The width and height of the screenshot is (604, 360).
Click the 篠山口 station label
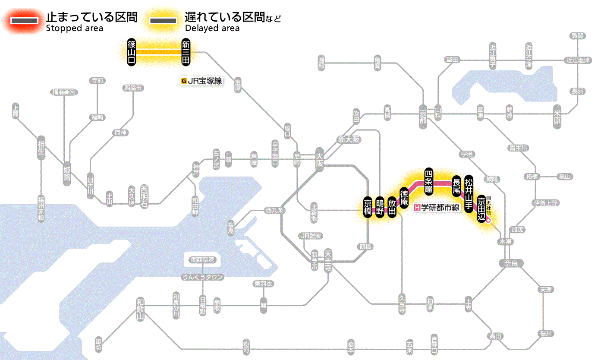click(x=132, y=52)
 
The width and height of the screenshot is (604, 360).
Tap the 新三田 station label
click(x=186, y=52)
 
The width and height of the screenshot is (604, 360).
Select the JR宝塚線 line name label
click(x=202, y=81)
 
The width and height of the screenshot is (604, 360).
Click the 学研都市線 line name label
click(x=437, y=208)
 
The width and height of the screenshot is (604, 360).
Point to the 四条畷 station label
click(x=428, y=181)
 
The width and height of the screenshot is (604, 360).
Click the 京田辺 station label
click(x=481, y=209)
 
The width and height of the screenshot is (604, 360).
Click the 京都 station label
click(x=423, y=114)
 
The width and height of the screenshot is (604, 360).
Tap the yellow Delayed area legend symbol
click(x=163, y=21)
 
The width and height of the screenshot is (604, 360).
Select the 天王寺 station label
click(x=328, y=258)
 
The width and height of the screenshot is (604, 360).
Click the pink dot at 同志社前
click(x=488, y=220)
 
